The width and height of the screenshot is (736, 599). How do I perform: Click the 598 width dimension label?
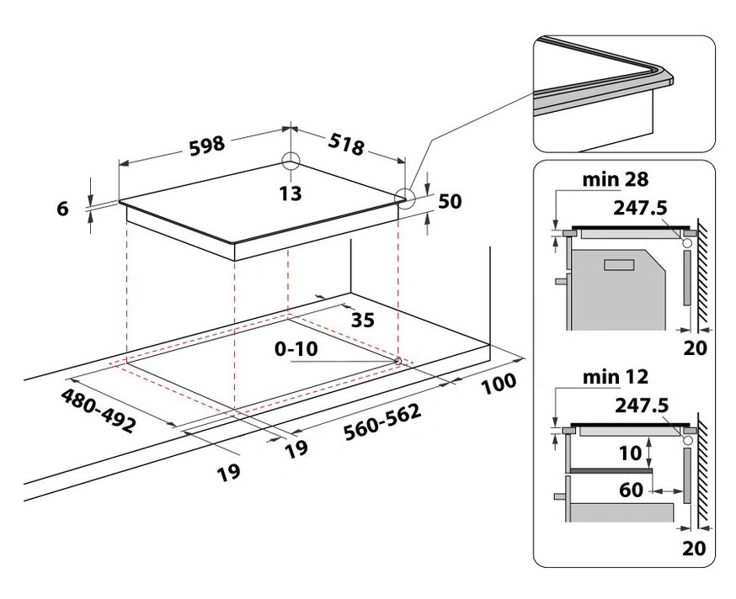205,144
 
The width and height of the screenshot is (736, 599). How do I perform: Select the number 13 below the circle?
290,193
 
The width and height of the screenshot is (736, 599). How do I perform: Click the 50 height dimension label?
451,202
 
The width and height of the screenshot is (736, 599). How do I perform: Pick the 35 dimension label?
362,319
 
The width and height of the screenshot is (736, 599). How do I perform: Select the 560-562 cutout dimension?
382,423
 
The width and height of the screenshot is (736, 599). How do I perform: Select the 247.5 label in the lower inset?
642,405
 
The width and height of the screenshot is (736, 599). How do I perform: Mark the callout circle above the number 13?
290,162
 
